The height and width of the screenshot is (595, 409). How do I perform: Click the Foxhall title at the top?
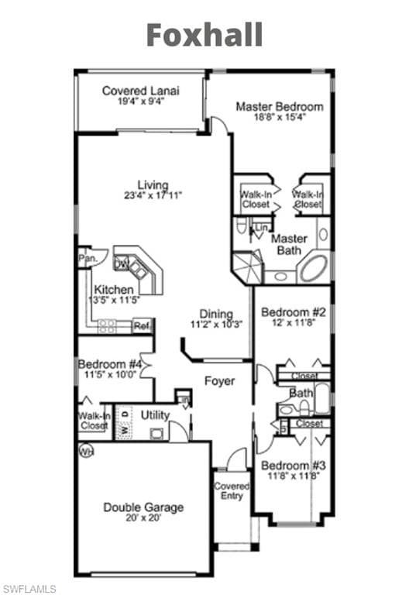point(204,35)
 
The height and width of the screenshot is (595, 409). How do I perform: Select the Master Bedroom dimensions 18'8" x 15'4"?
point(280,117)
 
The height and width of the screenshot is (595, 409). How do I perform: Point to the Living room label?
point(153,184)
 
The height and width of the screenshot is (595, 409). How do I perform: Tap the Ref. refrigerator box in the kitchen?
point(142,326)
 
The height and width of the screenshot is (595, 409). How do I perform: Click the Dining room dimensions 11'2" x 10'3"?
point(216,325)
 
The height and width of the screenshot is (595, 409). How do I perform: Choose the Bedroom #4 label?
point(109,364)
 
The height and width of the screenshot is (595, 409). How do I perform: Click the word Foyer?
point(219,381)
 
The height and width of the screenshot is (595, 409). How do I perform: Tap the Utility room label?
point(155,415)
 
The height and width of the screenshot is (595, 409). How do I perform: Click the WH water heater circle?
point(84,449)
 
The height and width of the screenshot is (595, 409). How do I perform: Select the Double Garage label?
point(143,507)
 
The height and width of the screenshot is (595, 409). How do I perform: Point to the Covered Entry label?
point(232,491)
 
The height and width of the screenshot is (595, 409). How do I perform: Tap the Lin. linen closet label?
point(261,228)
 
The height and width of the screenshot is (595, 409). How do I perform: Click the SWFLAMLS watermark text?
point(29,589)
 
